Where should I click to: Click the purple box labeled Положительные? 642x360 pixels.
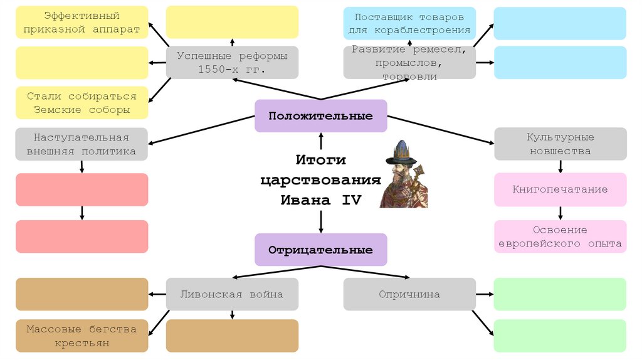(x=320, y=116)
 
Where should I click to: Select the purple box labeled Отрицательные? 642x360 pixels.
(x=320, y=250)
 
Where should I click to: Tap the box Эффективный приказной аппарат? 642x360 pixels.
(x=82, y=23)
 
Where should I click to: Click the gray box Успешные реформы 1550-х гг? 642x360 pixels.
(x=232, y=62)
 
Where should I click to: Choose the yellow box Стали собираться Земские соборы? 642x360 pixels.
(x=82, y=103)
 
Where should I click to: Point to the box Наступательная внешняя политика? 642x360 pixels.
(x=82, y=144)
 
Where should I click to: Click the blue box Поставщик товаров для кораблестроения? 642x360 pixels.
(x=409, y=23)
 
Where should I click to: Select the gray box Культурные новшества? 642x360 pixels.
(x=560, y=144)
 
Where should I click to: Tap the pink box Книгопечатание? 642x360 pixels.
(x=560, y=189)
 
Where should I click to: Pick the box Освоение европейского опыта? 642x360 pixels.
(x=560, y=236)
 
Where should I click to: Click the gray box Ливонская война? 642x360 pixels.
(x=232, y=294)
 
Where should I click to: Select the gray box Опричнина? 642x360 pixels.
(x=409, y=294)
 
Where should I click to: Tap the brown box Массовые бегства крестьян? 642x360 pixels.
(x=82, y=336)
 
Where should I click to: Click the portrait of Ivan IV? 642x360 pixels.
(x=404, y=175)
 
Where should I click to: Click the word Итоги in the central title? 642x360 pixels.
(x=320, y=160)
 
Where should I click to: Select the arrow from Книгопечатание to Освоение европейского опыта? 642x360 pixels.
(x=560, y=213)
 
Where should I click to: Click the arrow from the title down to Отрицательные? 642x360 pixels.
(x=321, y=221)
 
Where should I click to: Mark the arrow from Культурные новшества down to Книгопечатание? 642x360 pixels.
(x=560, y=166)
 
